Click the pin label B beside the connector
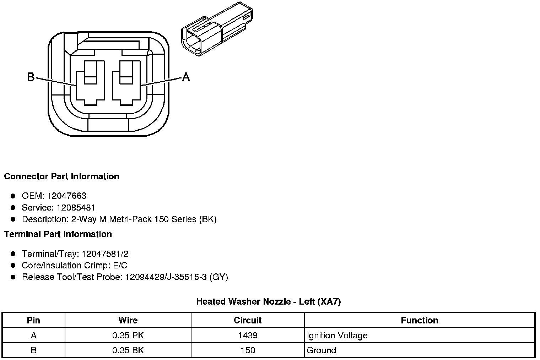tap(31, 77)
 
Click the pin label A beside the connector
tap(186, 77)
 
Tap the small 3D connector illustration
tap(217, 29)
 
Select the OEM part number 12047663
tap(67, 196)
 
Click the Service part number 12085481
tap(76, 208)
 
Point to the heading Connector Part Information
tap(62, 176)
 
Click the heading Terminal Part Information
tap(58, 234)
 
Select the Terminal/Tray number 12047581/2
tap(105, 254)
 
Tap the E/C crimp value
tap(120, 265)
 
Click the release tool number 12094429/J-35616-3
tap(166, 277)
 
